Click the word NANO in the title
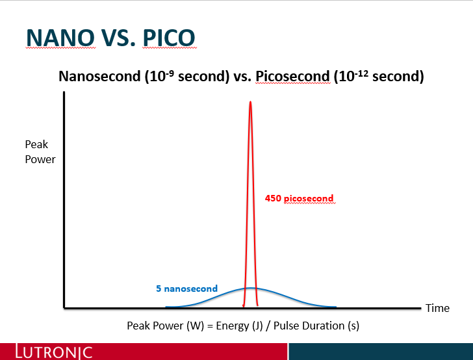point(60,38)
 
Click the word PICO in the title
point(169,38)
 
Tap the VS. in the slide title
point(118,38)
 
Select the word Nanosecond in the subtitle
point(99,76)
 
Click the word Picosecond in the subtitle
point(292,76)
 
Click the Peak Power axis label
point(40,152)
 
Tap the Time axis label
point(437,308)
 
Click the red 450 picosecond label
point(300,198)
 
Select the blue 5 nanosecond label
point(186,289)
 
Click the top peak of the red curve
point(250,101)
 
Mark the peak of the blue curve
point(250,288)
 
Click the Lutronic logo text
point(54,352)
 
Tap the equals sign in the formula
point(210,326)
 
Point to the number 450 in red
point(273,198)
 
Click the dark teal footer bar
point(381,352)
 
